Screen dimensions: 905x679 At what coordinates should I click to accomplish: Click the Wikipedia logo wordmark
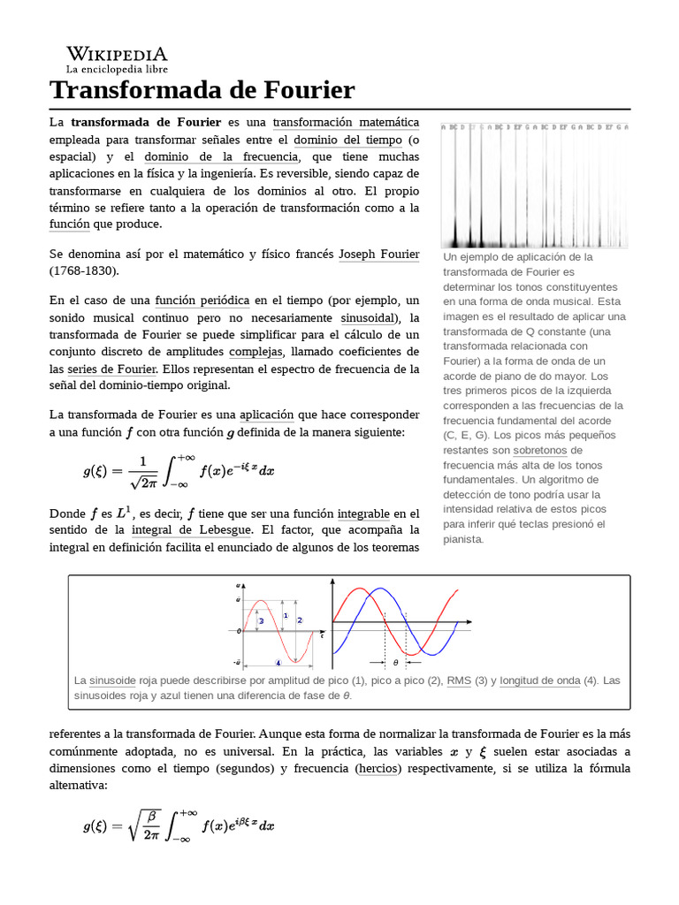[117, 54]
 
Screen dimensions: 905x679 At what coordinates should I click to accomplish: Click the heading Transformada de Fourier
[202, 89]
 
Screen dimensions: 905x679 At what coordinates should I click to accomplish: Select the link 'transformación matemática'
[346, 122]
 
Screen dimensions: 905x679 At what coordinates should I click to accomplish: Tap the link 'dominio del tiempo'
[347, 140]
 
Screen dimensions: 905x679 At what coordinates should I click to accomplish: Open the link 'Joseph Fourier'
[378, 254]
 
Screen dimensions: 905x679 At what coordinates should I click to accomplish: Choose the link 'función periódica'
[202, 300]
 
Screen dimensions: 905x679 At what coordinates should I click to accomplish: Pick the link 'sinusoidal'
[368, 317]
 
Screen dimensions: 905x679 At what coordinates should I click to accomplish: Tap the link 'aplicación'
[266, 414]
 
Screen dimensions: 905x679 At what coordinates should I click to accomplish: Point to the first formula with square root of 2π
[179, 470]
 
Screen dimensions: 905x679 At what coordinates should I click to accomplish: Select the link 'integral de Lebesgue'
[192, 530]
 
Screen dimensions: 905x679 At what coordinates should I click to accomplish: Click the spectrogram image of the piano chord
[535, 186]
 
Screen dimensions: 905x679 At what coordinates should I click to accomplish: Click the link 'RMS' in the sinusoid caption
[459, 681]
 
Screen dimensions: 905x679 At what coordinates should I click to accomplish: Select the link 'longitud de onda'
[539, 681]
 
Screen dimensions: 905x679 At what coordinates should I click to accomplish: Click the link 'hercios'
[378, 768]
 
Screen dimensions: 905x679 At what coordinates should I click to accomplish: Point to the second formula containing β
[179, 825]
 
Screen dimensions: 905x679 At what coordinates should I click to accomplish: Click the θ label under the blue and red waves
[395, 661]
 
